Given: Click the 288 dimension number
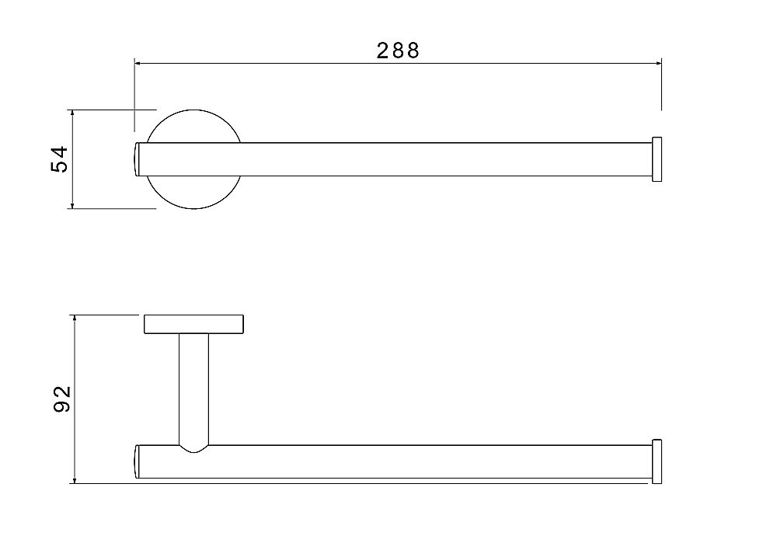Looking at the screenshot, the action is click(x=398, y=50).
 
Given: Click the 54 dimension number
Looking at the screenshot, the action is click(x=60, y=159).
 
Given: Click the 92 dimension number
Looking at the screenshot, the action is click(x=62, y=399).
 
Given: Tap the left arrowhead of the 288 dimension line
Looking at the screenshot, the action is click(x=139, y=64).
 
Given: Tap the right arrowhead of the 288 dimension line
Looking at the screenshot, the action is click(x=657, y=64).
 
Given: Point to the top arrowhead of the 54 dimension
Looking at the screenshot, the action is click(x=73, y=114).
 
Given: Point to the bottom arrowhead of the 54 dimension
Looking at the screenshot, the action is click(x=73, y=204).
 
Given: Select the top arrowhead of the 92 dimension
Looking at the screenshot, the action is click(x=75, y=319).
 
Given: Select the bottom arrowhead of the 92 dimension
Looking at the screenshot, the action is click(x=75, y=479).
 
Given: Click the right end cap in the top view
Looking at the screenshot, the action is click(x=657, y=159).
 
